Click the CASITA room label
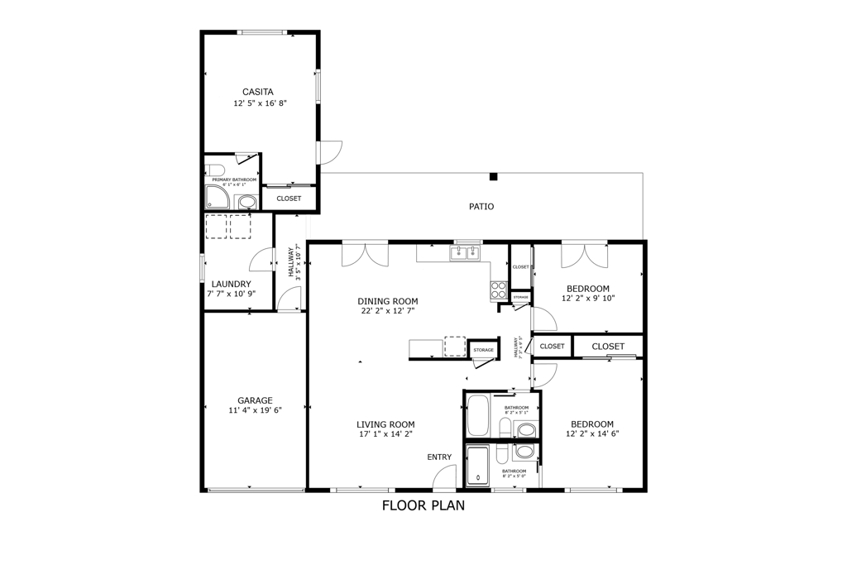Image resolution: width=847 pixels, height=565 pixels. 258,92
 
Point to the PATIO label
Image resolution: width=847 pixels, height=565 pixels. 481,207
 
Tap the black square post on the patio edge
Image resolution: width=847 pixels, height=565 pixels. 493,176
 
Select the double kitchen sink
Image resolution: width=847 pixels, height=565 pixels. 465,253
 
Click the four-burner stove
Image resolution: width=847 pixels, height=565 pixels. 499,290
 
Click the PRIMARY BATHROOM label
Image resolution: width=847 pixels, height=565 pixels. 234,180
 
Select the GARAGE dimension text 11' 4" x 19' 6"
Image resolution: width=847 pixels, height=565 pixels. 256,410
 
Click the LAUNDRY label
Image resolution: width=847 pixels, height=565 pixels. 231,284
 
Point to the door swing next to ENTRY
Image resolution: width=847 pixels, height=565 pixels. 445,477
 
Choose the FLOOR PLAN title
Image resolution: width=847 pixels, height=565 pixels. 423,505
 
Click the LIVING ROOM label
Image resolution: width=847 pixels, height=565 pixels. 385,424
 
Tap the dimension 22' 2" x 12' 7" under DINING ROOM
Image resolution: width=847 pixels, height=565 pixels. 387,311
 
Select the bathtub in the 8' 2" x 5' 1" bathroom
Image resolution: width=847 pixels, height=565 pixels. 478,415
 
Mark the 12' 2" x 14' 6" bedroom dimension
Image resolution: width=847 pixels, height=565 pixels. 592,433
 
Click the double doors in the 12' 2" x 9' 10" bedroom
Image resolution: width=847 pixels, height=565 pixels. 584,256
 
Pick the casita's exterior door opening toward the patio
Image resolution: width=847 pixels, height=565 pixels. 330,151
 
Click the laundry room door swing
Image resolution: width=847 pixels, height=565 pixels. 262,259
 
